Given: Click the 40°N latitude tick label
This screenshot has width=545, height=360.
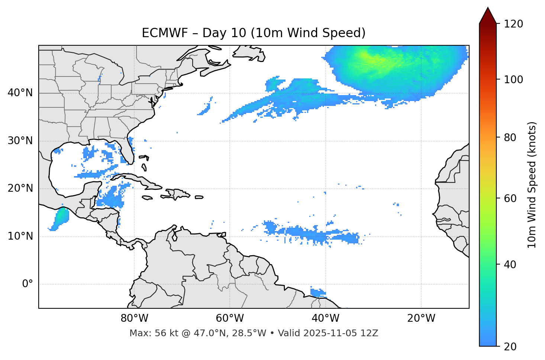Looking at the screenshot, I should point(20,93).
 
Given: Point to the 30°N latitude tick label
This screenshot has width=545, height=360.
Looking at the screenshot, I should point(20,141).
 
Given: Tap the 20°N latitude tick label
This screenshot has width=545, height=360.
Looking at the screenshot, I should point(20,188).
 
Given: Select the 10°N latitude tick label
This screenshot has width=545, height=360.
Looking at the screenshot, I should point(20,236).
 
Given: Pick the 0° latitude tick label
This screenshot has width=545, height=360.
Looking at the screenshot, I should point(28,284).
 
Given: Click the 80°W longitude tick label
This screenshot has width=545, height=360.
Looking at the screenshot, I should point(135,318).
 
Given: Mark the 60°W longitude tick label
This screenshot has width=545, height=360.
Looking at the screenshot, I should point(230,318).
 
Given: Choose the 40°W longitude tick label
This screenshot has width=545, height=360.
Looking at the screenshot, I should point(325,318).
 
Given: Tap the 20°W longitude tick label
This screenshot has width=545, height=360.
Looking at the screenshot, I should point(421,318).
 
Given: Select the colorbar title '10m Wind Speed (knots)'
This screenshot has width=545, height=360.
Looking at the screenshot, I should point(532,185).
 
